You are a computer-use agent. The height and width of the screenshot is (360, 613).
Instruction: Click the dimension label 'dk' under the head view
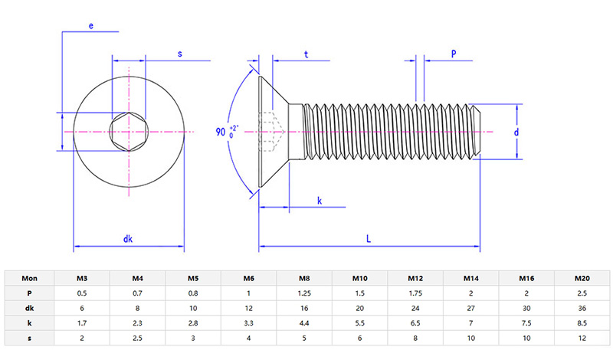[x=128, y=239]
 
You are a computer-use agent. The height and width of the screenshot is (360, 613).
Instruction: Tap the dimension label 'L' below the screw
[x=369, y=239]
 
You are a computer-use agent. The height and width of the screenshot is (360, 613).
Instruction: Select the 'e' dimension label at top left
[x=91, y=26]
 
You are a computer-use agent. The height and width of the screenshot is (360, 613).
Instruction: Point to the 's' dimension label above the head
[x=179, y=54]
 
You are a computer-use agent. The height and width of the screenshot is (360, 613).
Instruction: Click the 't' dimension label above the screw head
[x=306, y=54]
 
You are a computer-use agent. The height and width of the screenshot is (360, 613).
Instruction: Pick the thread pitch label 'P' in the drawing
[x=454, y=54]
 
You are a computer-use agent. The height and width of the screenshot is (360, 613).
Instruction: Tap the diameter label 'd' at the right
[x=517, y=133]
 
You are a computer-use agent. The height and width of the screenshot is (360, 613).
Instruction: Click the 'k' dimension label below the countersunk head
[x=319, y=201]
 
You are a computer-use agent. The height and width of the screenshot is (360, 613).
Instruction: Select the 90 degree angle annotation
[x=227, y=132]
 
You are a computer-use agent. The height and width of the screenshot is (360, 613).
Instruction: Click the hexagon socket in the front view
[x=128, y=133]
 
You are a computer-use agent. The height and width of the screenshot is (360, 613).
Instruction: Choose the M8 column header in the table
[x=304, y=279]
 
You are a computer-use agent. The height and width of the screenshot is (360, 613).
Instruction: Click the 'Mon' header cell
[x=29, y=279]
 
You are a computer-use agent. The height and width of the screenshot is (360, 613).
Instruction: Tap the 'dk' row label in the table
[x=29, y=308]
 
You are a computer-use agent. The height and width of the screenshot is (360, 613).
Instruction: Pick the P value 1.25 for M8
[x=304, y=293]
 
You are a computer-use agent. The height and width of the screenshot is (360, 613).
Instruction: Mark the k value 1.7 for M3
[x=82, y=323]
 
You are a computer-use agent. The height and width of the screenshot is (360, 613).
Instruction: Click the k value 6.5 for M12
[x=415, y=323]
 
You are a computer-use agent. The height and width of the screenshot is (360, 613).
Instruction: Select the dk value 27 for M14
[x=470, y=308]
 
